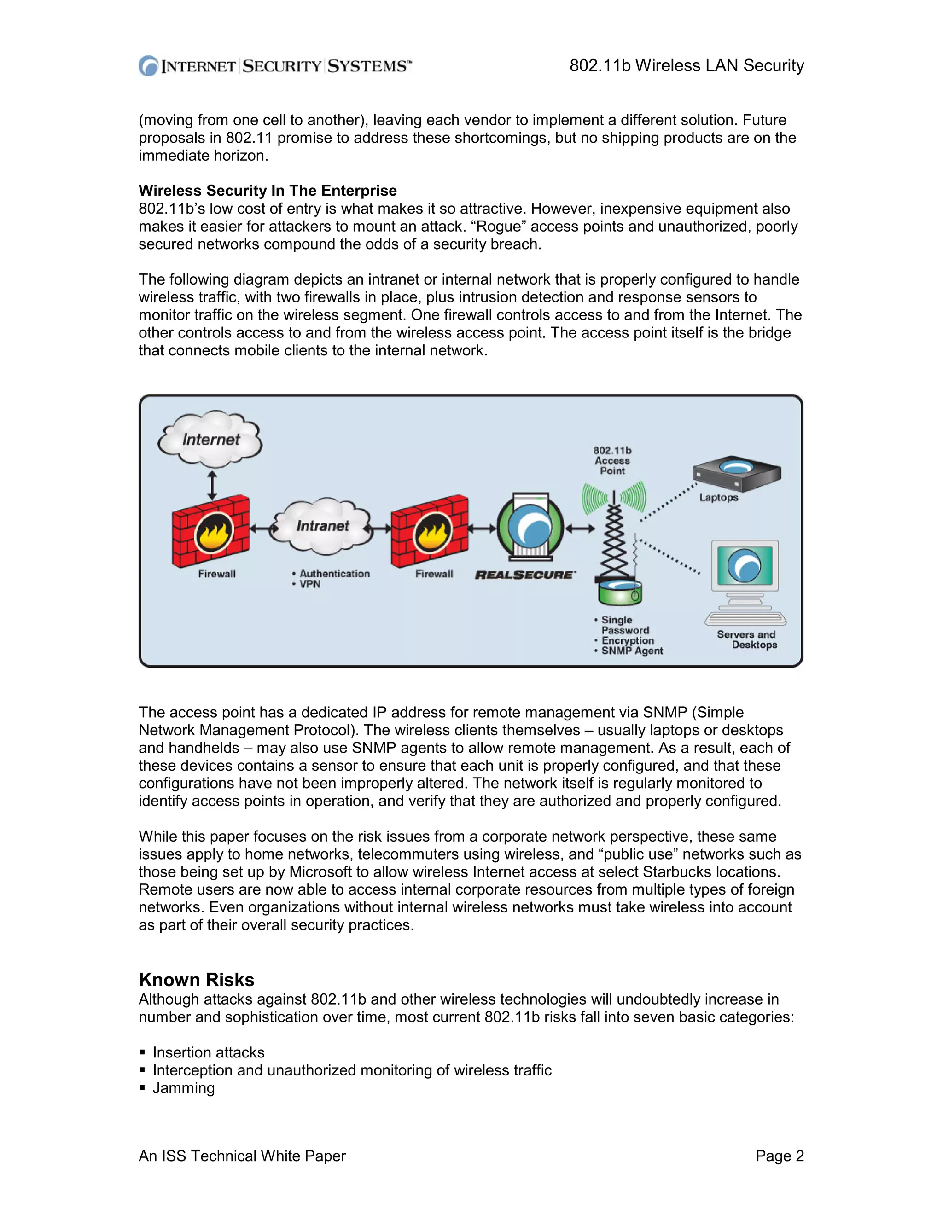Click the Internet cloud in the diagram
[210, 439]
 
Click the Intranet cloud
[322, 526]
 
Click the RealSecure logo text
[524, 575]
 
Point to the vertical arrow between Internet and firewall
[212, 484]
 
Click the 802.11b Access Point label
[612, 461]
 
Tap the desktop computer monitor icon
[745, 567]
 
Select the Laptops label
[718, 498]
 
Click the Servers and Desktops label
[747, 639]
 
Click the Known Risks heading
[197, 980]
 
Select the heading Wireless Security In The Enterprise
[268, 191]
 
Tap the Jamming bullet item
[183, 1088]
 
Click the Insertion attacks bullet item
[209, 1052]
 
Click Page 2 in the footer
[780, 1156]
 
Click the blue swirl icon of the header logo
[149, 66]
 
